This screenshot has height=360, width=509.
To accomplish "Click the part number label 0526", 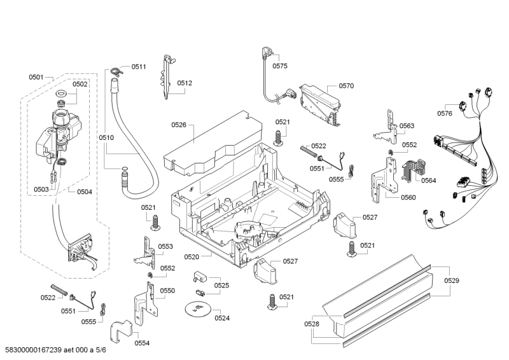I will coord(178,125).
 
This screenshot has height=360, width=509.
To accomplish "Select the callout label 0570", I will coord(346,85).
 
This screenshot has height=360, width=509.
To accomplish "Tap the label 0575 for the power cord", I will coord(280,66).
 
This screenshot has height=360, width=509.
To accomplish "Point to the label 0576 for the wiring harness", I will coord(444,113).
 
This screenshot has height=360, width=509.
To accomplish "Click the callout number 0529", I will coord(451,280).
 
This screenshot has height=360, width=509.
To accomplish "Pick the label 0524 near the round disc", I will coord(222,318).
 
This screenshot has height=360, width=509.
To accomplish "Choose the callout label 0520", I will coord(192,257).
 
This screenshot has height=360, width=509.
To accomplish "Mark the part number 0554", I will coord(142,343).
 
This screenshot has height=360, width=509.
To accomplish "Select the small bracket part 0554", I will coord(120,331).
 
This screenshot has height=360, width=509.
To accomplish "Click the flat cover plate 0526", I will coord(210,145).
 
